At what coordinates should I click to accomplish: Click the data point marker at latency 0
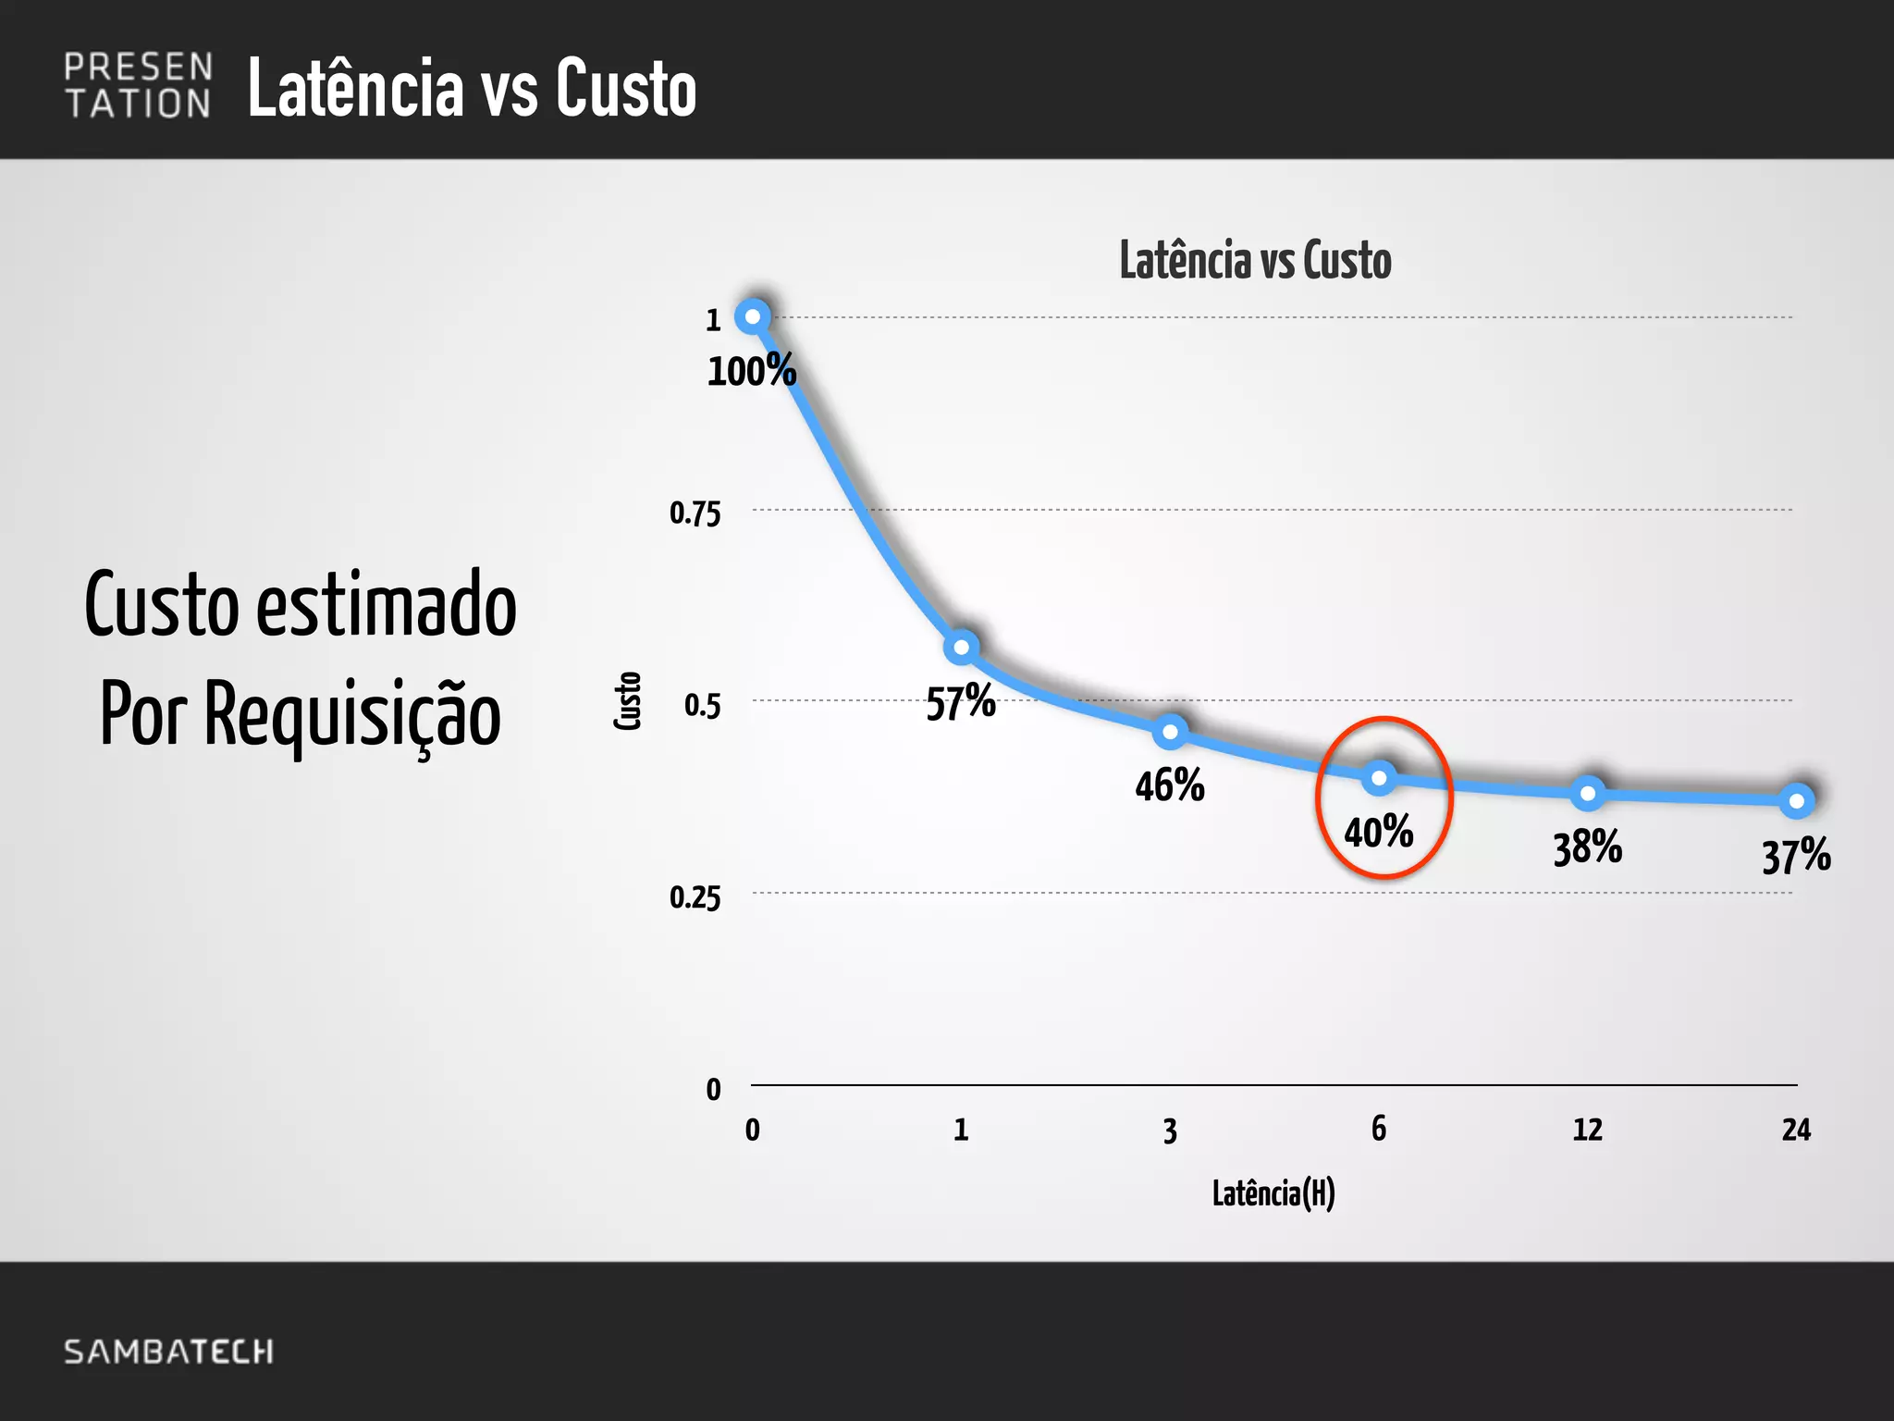pyautogui.click(x=753, y=316)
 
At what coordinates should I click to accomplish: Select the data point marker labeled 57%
pyautogui.click(x=962, y=647)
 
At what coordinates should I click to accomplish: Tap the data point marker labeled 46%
pyautogui.click(x=1170, y=732)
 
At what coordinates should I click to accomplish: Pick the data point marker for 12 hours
pyautogui.click(x=1588, y=793)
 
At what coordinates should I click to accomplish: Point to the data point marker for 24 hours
pyautogui.click(x=1797, y=801)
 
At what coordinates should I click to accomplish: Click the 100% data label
pyautogui.click(x=751, y=371)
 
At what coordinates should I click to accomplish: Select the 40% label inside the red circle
pyautogui.click(x=1378, y=832)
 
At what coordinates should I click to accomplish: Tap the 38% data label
pyautogui.click(x=1587, y=847)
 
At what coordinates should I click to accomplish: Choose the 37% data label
pyautogui.click(x=1796, y=856)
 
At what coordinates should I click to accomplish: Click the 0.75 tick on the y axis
pyautogui.click(x=695, y=513)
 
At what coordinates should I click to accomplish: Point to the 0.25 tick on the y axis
pyautogui.click(x=695, y=897)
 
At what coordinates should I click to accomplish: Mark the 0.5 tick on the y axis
pyautogui.click(x=702, y=706)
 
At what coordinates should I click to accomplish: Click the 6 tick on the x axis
pyautogui.click(x=1379, y=1129)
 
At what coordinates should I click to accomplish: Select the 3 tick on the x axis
pyautogui.click(x=1170, y=1131)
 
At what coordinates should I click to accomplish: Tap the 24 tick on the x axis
pyautogui.click(x=1796, y=1130)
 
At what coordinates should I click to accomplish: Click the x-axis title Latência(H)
pyautogui.click(x=1273, y=1193)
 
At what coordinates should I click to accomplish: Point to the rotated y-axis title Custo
pyautogui.click(x=628, y=701)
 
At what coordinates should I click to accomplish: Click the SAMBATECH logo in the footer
pyautogui.click(x=168, y=1352)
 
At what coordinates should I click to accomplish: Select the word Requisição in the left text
pyautogui.click(x=351, y=715)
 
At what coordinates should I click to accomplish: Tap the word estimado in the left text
pyautogui.click(x=386, y=605)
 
